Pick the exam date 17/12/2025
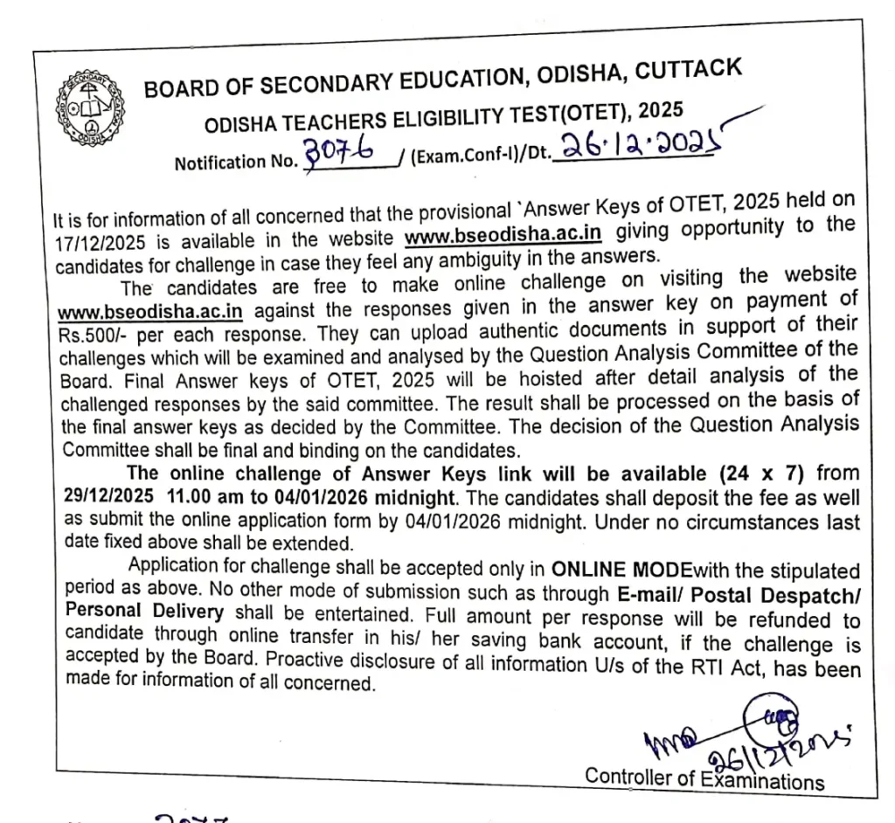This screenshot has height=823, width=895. pyautogui.click(x=97, y=241)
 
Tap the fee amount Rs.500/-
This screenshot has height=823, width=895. pyautogui.click(x=94, y=335)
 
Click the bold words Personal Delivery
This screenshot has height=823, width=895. pyautogui.click(x=143, y=613)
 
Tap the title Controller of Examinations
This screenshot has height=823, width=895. pyautogui.click(x=704, y=777)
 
